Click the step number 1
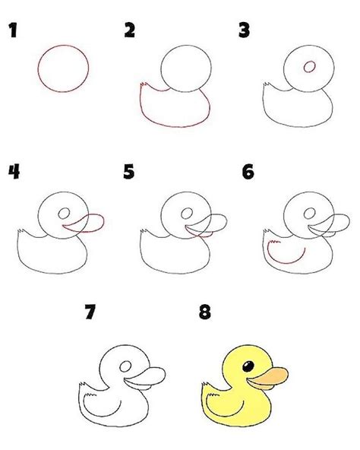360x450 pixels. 12,31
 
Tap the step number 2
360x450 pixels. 129,30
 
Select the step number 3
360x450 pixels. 245,31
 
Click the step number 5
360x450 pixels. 129,172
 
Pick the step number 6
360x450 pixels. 247,172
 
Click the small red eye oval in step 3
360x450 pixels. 310,67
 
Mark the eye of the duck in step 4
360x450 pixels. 65,212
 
